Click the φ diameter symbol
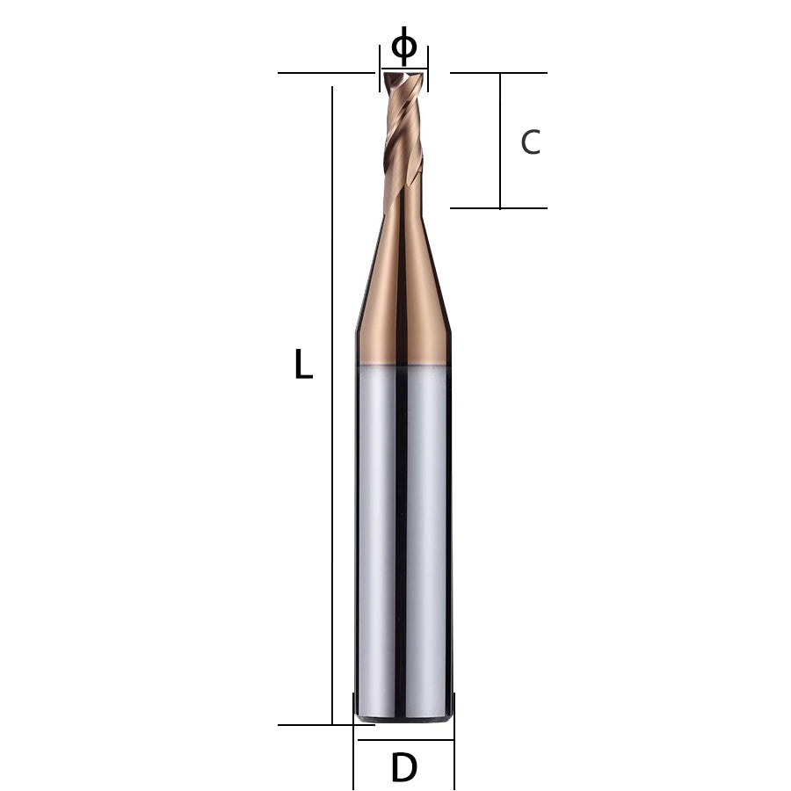[x=403, y=45]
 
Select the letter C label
[x=530, y=142]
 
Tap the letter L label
[x=303, y=364]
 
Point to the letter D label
[x=403, y=769]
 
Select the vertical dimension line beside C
[x=500, y=141]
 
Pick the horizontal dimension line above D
[x=403, y=740]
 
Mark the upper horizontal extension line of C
[x=498, y=73]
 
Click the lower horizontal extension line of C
[x=498, y=208]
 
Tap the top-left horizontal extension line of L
[x=325, y=73]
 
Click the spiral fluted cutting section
[x=403, y=141]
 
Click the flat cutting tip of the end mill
[x=403, y=77]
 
